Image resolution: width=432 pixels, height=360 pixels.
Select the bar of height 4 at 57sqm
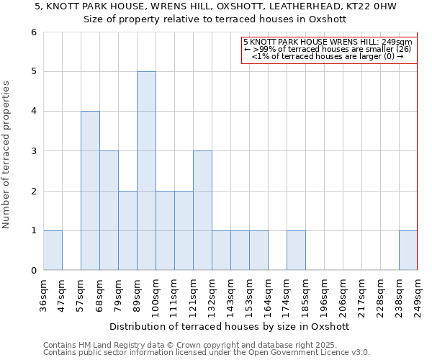pyautogui.click(x=90, y=191)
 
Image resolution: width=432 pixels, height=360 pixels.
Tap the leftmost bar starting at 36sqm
pyautogui.click(x=53, y=250)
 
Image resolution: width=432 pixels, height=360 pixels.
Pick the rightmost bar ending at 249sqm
pyautogui.click(x=408, y=250)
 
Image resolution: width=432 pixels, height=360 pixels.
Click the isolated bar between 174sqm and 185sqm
pyautogui.click(x=296, y=250)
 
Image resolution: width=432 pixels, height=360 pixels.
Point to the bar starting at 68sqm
pyautogui.click(x=109, y=210)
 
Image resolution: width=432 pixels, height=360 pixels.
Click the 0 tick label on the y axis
pyautogui.click(x=33, y=271)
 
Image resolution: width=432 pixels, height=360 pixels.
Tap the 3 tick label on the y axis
pyautogui.click(x=33, y=151)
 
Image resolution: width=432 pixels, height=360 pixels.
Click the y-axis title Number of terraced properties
pyautogui.click(x=7, y=155)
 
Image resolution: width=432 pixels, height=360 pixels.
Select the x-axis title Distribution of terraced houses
pyautogui.click(x=230, y=326)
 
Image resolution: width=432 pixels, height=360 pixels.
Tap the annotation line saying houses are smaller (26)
pyautogui.click(x=328, y=49)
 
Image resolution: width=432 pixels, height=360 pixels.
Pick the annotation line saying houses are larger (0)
pyautogui.click(x=328, y=56)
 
